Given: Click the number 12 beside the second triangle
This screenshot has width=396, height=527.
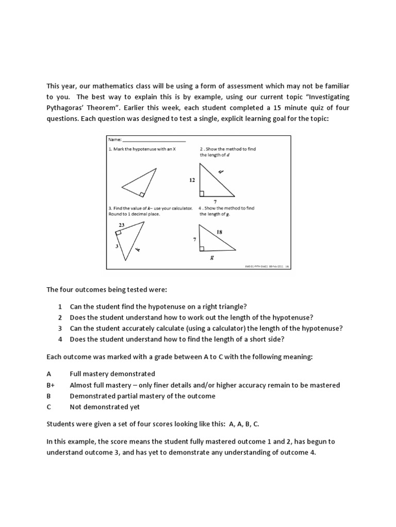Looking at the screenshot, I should (191, 180).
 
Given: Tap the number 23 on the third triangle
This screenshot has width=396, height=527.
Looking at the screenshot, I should (121, 225).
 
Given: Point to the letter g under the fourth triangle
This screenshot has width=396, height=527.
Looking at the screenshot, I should (211, 258).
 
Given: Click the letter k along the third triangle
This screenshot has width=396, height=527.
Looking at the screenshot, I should (138, 250).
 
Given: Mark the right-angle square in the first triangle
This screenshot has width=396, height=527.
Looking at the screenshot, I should (141, 194).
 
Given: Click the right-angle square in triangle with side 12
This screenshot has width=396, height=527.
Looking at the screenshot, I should (202, 194).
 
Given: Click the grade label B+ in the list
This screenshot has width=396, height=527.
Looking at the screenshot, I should (51, 385).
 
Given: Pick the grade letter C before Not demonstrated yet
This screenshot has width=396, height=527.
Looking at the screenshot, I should (49, 407).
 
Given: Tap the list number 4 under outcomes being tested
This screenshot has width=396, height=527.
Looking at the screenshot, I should (60, 339).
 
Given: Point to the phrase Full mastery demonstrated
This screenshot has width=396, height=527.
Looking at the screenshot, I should (112, 374).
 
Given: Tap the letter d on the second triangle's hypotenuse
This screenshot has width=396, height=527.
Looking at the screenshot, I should (221, 172).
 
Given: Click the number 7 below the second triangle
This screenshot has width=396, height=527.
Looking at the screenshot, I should (214, 201).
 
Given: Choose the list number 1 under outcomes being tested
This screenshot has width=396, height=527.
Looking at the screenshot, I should (60, 306).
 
